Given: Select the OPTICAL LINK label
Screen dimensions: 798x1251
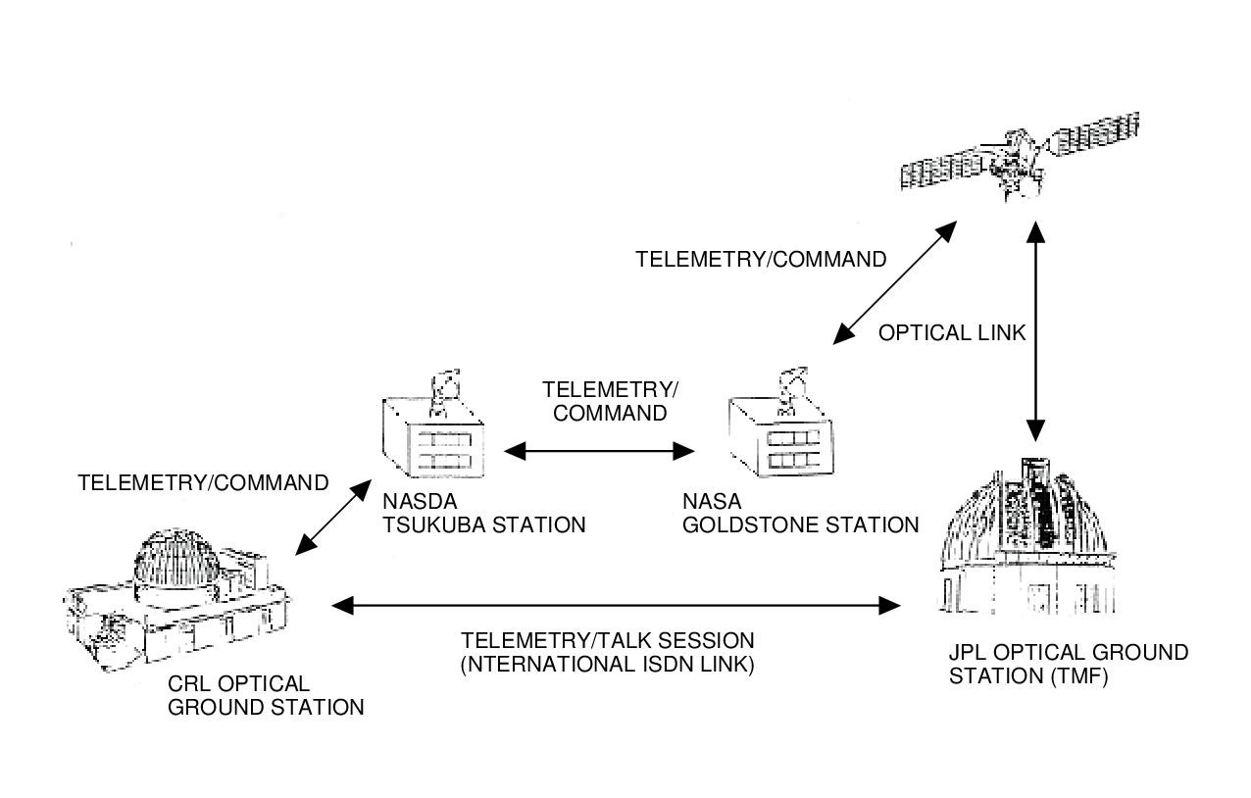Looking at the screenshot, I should [x=951, y=333].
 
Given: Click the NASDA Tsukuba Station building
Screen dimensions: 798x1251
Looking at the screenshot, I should [x=431, y=436].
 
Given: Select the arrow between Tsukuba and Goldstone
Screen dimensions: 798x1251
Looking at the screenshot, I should [x=598, y=451].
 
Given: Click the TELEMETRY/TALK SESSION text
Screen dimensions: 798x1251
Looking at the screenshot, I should [x=608, y=641].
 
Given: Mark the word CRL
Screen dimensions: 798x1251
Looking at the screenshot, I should [x=191, y=684].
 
